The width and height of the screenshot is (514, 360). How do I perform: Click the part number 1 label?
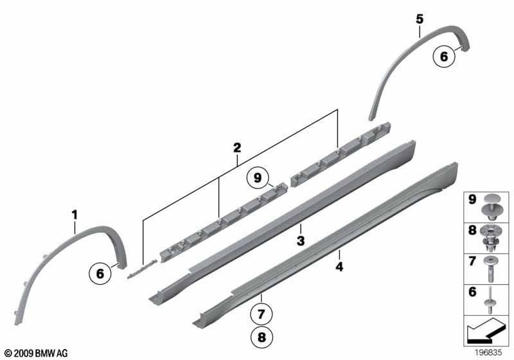(75, 213)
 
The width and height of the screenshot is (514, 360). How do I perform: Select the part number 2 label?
(237, 147)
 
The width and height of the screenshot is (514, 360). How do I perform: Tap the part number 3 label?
(299, 241)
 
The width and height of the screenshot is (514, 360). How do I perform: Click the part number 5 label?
(419, 19)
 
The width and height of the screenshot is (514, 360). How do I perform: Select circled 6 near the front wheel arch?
(100, 273)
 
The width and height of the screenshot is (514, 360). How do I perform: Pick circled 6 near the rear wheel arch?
(443, 57)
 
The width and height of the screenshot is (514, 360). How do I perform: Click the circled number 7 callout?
(262, 315)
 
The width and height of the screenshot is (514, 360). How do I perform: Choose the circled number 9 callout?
(257, 176)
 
